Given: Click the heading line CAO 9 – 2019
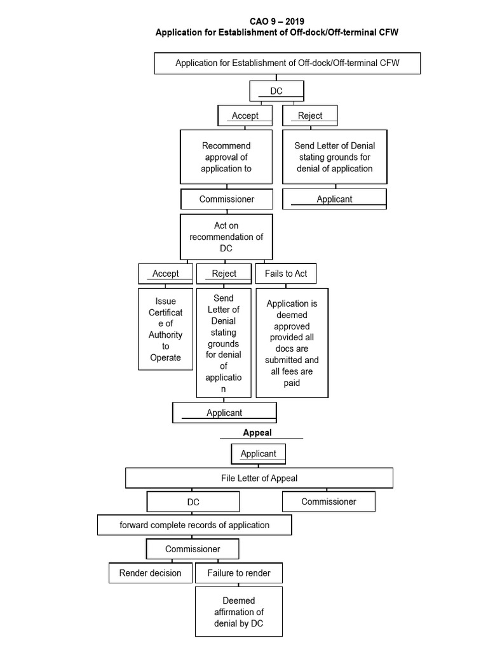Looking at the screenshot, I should click(x=277, y=22).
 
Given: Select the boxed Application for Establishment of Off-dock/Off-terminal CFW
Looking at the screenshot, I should click(x=288, y=63).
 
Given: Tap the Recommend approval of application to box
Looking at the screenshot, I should click(x=226, y=157).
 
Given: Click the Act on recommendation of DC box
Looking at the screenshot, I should click(x=226, y=237).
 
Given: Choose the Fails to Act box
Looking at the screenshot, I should click(x=285, y=274).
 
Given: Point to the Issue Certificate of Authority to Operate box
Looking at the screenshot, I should click(x=165, y=329).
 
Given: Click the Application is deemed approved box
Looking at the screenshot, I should click(x=292, y=343).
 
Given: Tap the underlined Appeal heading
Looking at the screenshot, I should click(x=257, y=433).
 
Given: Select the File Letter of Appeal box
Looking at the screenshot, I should click(x=259, y=478).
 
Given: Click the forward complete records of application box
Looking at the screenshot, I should click(x=194, y=525).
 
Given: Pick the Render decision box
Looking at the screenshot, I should click(x=150, y=573).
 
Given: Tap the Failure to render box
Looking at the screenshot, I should click(x=239, y=573).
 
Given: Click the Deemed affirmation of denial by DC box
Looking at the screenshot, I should click(x=239, y=612).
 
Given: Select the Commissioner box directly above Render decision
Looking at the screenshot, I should click(x=193, y=548).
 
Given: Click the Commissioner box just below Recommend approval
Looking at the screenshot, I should click(x=227, y=199).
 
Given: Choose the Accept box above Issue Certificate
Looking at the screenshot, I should click(x=166, y=274).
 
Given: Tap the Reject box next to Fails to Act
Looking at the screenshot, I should click(x=224, y=274).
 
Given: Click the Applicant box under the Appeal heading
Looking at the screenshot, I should click(x=258, y=454).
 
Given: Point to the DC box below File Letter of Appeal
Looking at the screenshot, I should click(x=193, y=501).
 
